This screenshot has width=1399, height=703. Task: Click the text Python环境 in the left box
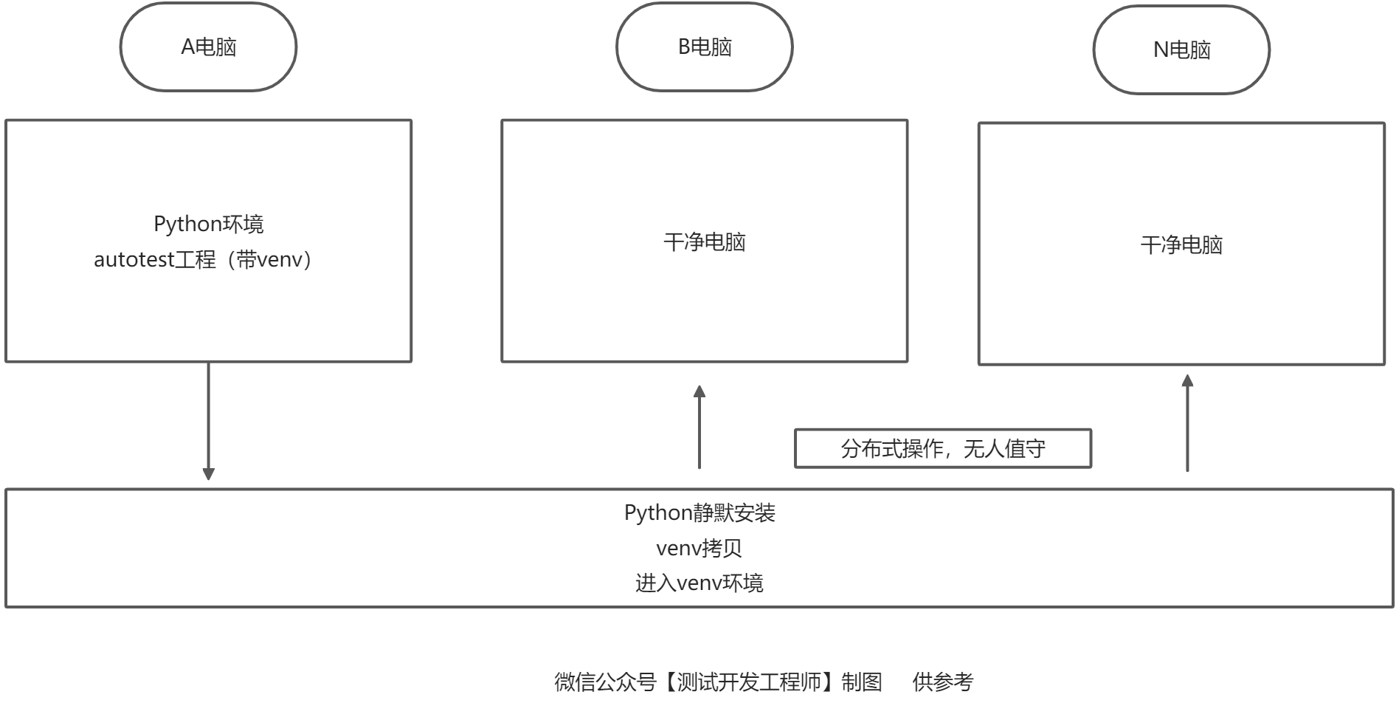pos(209,224)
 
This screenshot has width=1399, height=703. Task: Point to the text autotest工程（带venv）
pos(203,259)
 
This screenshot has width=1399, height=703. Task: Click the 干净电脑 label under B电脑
pos(705,241)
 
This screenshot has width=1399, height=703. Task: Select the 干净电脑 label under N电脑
pos(1181,244)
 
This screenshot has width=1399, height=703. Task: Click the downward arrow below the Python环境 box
pos(208,421)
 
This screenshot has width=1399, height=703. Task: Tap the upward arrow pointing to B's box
pos(699,427)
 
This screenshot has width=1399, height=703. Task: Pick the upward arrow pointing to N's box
pos(1187,422)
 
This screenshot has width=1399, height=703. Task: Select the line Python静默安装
pos(699,512)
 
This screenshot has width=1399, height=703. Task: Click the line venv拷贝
pos(699,548)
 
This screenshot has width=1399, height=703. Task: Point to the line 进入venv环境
pos(699,583)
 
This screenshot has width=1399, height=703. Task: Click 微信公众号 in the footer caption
pos(605,682)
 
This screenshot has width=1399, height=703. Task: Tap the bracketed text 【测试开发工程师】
pos(748,682)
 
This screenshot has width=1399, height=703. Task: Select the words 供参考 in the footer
pos(943,682)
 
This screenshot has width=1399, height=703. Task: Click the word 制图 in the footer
pos(862,682)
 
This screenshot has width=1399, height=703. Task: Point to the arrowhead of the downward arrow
pos(208,474)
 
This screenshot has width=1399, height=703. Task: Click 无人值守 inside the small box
pos(1004,448)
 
